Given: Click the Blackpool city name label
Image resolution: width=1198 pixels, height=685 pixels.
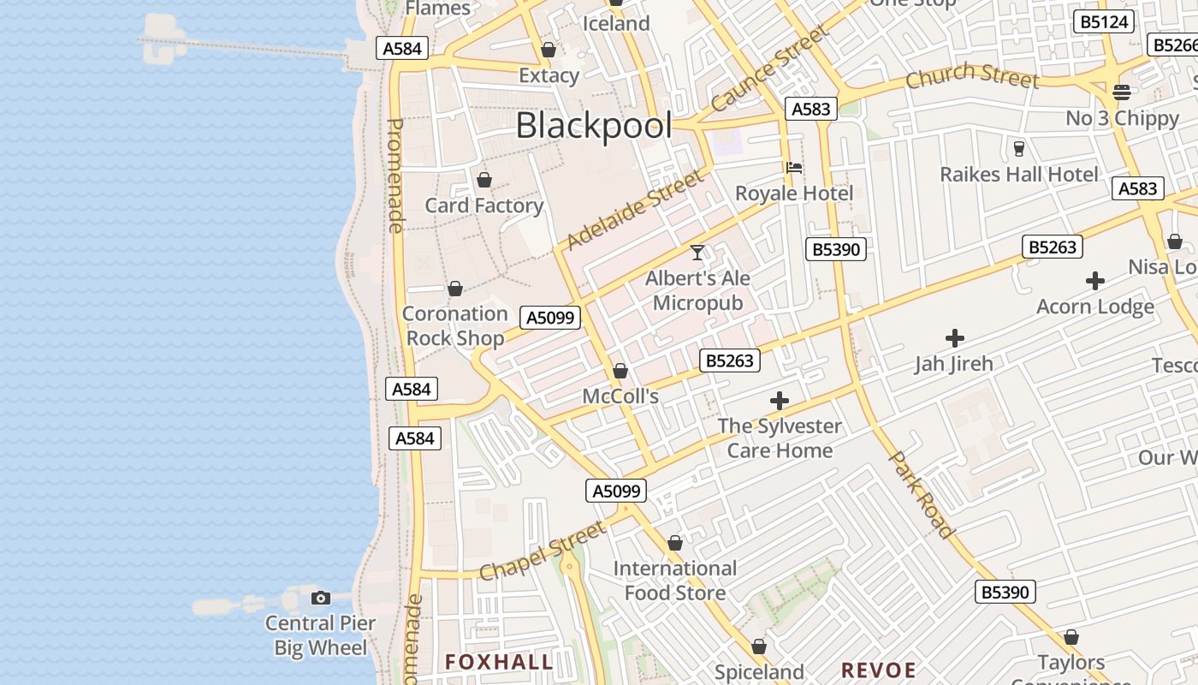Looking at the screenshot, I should point(594,126).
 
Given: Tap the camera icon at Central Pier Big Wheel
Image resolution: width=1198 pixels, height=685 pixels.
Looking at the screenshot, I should point(321,598).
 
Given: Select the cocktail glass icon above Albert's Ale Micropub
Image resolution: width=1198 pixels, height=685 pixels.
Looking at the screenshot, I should point(697,253).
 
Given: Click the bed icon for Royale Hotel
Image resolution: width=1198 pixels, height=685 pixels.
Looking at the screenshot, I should point(794,168).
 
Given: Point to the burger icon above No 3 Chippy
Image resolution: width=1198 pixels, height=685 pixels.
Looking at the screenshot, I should point(1122,92).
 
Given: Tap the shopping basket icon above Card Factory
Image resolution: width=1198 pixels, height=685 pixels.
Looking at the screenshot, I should point(484,180).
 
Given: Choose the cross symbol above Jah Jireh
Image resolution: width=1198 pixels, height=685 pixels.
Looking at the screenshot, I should point(954,338).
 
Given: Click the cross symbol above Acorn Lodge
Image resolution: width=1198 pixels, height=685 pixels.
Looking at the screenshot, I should point(1094,281).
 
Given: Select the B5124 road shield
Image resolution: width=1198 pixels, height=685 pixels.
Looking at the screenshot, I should point(1104,22).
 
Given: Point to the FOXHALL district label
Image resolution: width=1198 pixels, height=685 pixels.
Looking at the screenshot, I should point(499,662).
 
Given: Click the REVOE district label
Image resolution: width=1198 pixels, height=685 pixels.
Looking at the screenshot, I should point(878,670).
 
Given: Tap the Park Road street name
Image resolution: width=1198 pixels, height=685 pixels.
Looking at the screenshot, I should point(922,494).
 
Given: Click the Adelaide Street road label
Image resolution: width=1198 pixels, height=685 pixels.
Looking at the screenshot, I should point(636,209).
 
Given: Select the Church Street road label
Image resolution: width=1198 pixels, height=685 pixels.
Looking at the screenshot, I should point(972,76).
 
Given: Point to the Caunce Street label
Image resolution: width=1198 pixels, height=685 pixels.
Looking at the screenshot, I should point(770,68).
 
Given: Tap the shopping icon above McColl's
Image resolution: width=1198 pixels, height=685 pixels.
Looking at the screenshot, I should point(620,371).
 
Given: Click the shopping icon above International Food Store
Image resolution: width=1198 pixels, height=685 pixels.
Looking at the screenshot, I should point(675,543).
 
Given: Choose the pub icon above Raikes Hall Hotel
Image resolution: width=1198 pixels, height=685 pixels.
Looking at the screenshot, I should point(1018,149).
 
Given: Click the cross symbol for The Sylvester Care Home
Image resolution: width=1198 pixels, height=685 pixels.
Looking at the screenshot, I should point(779,401).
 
